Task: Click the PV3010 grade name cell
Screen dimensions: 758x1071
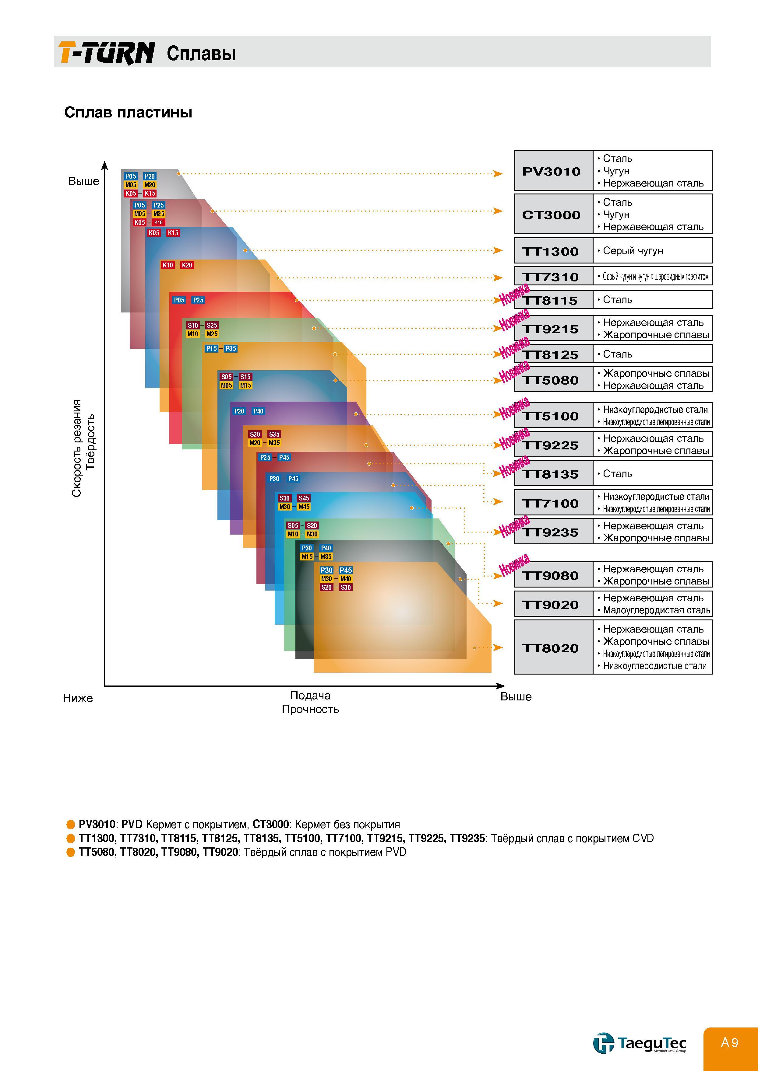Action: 554,171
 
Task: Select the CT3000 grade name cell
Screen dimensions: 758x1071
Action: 554,214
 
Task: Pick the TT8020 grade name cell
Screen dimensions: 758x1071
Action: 554,647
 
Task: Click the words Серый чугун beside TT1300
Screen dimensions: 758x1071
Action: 633,251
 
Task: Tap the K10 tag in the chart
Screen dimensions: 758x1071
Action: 167,265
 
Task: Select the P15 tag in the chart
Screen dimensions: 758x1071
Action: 211,348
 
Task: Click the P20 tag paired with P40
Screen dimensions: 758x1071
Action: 239,411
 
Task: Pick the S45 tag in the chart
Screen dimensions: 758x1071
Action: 304,498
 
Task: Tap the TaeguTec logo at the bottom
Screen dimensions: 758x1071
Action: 640,1042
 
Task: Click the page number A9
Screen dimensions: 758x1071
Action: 730,1042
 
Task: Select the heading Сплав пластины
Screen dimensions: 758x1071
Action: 128,112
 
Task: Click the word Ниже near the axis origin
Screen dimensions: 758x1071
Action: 78,698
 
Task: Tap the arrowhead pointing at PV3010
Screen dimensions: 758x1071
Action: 498,174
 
